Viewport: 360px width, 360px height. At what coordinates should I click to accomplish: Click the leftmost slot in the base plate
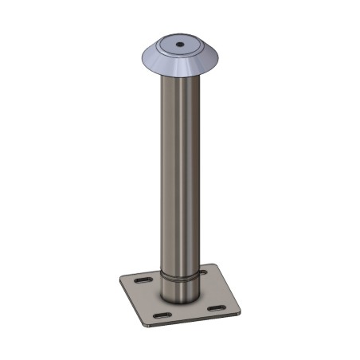140,282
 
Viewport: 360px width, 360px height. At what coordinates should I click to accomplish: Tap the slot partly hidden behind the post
202,272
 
